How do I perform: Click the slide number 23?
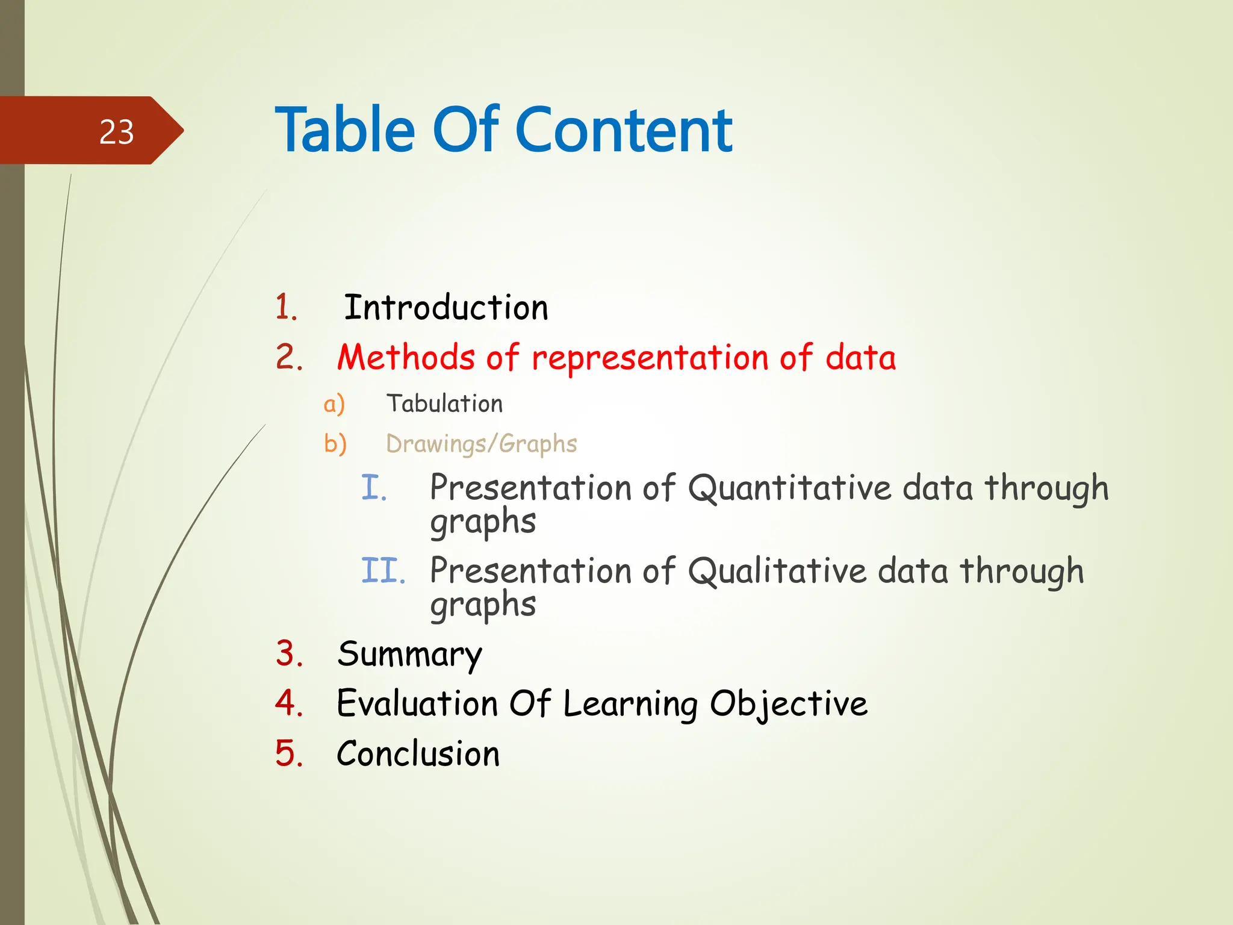(116, 132)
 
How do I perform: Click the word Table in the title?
(345, 130)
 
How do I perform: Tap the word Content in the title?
(624, 130)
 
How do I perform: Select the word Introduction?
(446, 308)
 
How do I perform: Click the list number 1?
(286, 308)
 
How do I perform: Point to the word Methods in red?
(406, 358)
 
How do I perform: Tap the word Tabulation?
(444, 403)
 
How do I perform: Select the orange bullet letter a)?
(334, 404)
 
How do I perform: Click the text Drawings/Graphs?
(481, 444)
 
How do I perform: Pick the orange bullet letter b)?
(335, 444)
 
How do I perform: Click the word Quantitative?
(789, 488)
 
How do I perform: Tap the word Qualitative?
(777, 571)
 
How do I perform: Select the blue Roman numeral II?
(383, 571)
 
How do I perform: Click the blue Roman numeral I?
(373, 488)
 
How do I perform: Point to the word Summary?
(409, 655)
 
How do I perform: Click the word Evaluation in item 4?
(417, 703)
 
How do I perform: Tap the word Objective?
(788, 703)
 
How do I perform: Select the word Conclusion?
(418, 754)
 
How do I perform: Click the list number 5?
(288, 754)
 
